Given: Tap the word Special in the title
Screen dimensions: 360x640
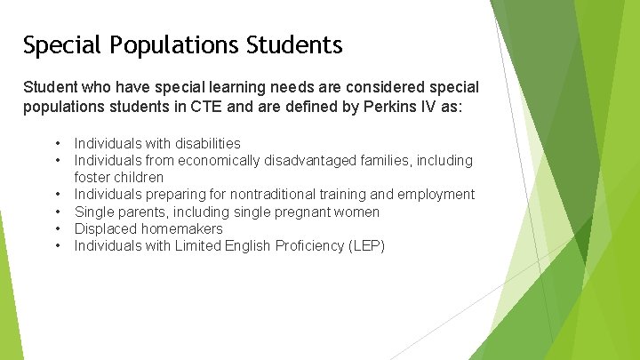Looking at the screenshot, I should coord(53,45).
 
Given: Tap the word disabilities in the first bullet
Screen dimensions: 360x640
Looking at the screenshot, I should coord(206,143).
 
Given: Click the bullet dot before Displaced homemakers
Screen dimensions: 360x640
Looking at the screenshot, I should coord(57,228).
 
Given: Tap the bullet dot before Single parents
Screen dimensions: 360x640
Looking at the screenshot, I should coord(57,212).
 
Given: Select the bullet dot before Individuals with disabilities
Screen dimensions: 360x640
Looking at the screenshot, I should coord(57,143).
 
